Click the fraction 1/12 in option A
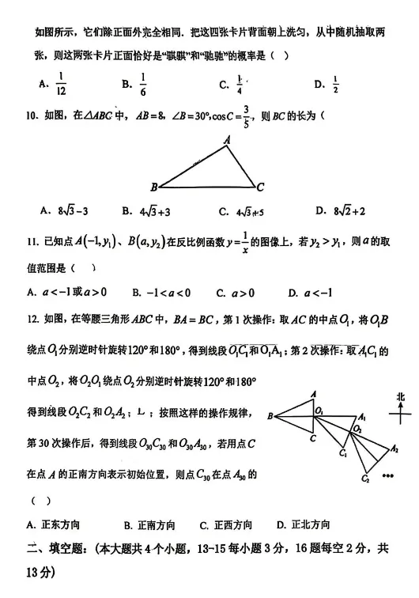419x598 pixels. (60, 82)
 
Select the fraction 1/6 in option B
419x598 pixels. (143, 82)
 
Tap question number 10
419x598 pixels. (32, 116)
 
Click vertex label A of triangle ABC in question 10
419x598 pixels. (227, 141)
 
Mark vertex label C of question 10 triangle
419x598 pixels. (260, 187)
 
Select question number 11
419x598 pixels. (32, 241)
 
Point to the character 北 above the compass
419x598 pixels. (401, 396)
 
